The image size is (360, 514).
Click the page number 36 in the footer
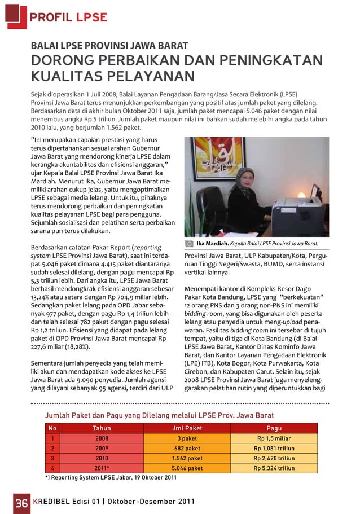21,502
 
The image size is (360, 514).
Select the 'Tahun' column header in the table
102,428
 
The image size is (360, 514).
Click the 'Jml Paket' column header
187,428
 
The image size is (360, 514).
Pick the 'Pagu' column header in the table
274,428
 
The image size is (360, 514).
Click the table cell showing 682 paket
187,448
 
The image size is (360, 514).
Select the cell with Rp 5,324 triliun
274,468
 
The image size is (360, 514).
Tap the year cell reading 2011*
102,468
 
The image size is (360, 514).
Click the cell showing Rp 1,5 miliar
274,438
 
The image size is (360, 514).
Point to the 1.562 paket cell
187,458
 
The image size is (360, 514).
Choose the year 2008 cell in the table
102,438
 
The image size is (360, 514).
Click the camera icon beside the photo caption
190,244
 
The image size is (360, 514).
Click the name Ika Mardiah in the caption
212,244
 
